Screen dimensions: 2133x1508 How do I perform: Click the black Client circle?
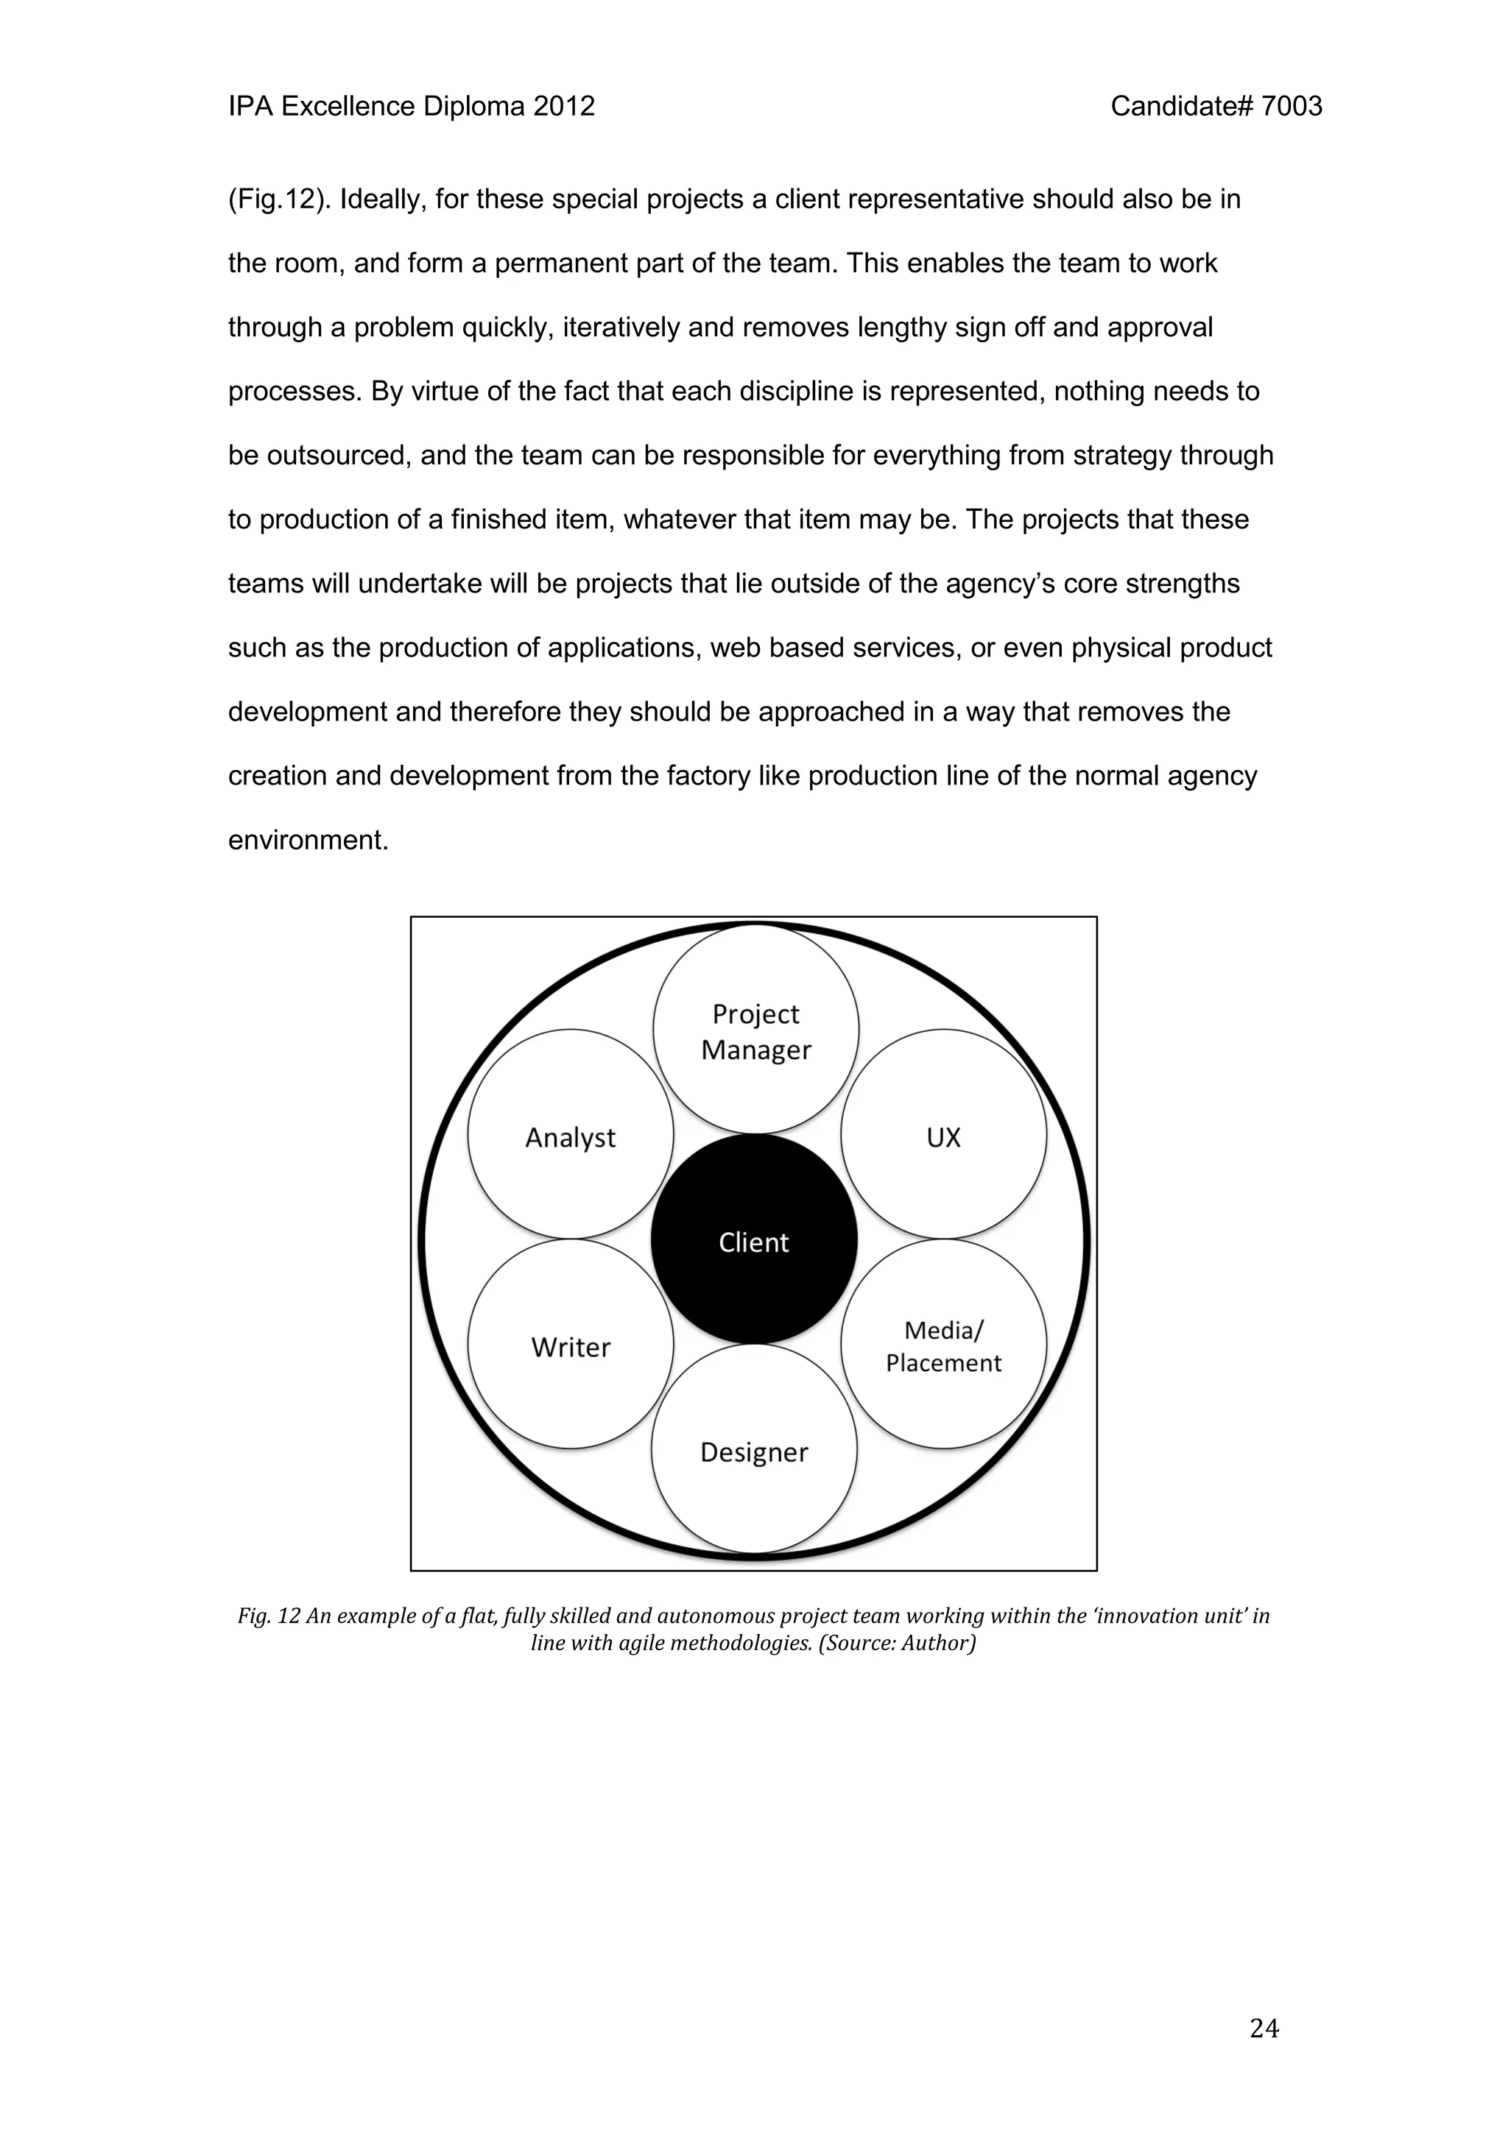(x=753, y=1239)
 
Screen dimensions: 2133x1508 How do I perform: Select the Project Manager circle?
(x=755, y=1030)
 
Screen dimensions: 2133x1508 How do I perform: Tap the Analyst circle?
(x=571, y=1135)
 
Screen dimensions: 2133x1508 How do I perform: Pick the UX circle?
(x=943, y=1135)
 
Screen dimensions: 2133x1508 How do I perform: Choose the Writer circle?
(x=571, y=1345)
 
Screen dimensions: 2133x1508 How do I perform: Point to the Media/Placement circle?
(x=943, y=1345)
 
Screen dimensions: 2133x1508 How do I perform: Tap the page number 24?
(x=1264, y=2029)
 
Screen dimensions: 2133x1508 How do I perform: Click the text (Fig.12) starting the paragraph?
(x=280, y=199)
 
